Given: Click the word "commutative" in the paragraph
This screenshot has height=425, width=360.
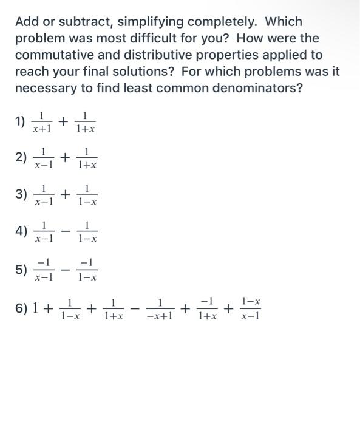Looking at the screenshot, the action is [52, 55].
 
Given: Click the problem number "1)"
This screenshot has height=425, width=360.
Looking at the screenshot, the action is [21, 121].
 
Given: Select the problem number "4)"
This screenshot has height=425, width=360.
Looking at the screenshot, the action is [21, 231].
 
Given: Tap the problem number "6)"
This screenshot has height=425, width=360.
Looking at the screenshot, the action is [22, 308].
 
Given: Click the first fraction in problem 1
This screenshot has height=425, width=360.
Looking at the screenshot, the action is [42, 121].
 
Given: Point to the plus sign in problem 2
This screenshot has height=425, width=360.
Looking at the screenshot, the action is [65, 158].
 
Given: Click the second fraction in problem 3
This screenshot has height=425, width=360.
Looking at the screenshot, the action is [87, 195].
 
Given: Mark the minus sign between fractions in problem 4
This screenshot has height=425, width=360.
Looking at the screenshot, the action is [65, 231].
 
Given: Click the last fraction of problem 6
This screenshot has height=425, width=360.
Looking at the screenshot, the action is [250, 308].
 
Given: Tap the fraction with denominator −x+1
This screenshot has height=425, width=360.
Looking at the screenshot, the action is [160, 308].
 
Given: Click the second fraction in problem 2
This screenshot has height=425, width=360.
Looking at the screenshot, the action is [87, 158].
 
